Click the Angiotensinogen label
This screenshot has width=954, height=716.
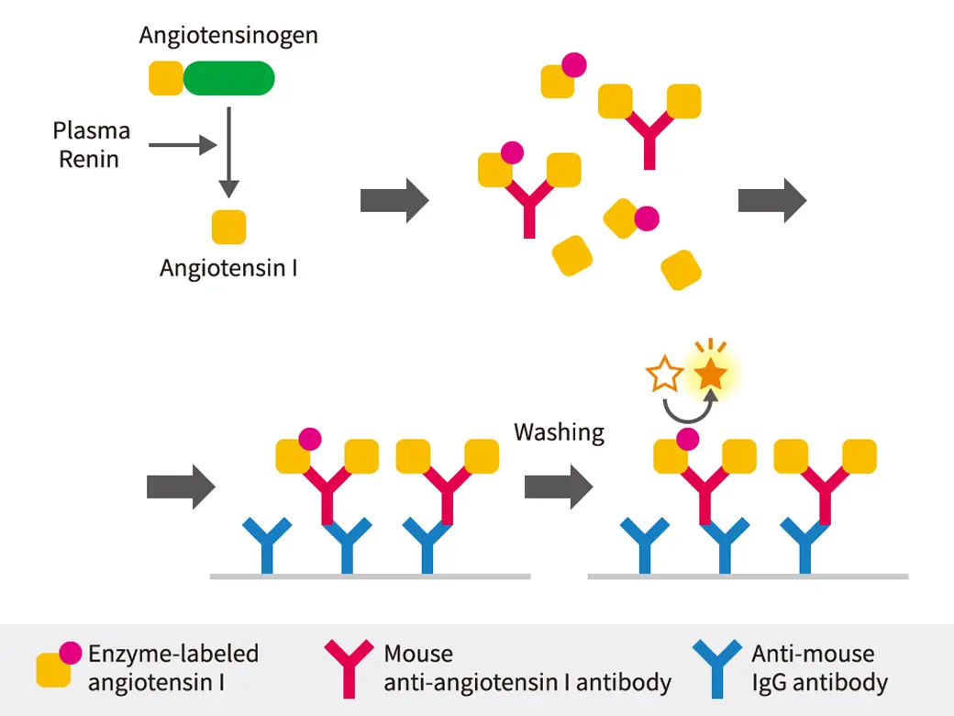point(228,36)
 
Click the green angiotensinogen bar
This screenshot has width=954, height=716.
point(228,78)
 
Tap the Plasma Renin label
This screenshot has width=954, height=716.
point(91,144)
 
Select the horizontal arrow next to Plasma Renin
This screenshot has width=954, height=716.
point(182,144)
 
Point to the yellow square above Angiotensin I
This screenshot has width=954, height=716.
point(228,227)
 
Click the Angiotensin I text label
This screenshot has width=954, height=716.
point(228,268)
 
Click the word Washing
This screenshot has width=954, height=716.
point(559,431)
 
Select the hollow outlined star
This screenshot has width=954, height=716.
point(665,375)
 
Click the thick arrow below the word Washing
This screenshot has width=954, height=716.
point(559,487)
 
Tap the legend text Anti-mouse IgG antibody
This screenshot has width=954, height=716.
point(819,668)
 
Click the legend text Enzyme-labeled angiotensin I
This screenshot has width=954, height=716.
point(173,668)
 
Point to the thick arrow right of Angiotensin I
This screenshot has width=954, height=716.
point(394,199)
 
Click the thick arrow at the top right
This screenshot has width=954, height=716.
point(772,199)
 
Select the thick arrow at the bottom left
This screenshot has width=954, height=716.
point(181,487)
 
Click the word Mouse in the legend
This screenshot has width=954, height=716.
point(418,654)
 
